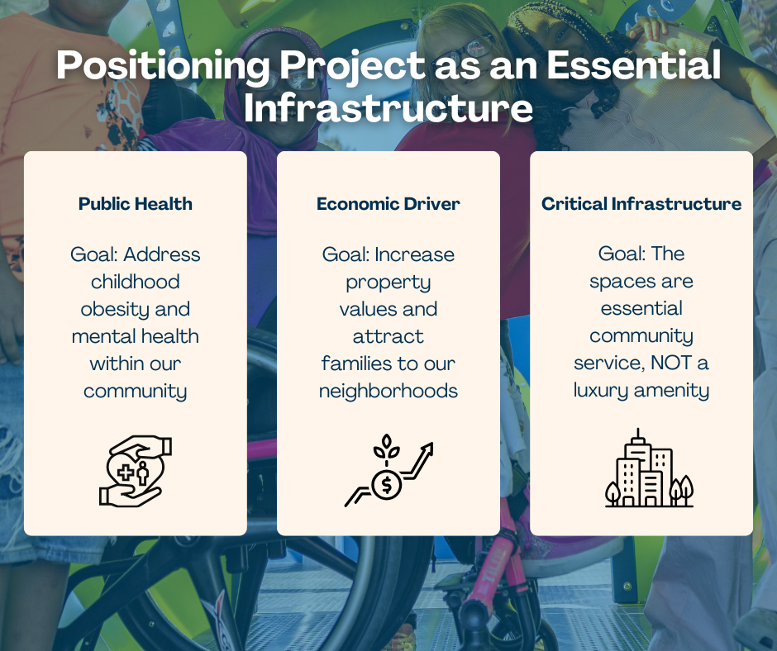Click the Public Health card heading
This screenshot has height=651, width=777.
pos(136,203)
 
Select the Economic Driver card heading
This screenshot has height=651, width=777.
pos(388,203)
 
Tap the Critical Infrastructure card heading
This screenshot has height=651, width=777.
pos(641,203)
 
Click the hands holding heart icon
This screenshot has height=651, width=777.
pos(136,472)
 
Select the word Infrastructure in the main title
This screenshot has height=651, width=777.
pos(388,110)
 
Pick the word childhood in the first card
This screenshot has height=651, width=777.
pos(136,282)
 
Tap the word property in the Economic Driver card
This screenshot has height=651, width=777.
pos(388,282)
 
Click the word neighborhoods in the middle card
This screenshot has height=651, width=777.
pos(388,390)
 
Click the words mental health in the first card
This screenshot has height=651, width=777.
pos(136,336)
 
